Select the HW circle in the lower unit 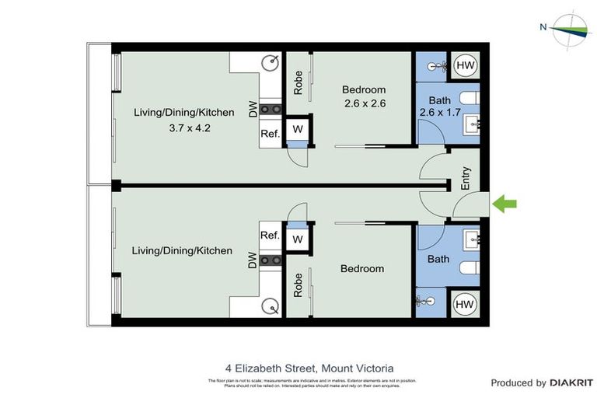[x=466, y=303]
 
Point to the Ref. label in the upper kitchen [x=270, y=133]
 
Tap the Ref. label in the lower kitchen [x=270, y=236]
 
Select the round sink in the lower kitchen [x=271, y=305]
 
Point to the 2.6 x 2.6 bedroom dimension [x=364, y=103]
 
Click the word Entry [x=466, y=180]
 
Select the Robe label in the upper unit [x=298, y=83]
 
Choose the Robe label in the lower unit [x=298, y=286]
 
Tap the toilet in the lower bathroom [x=470, y=269]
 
